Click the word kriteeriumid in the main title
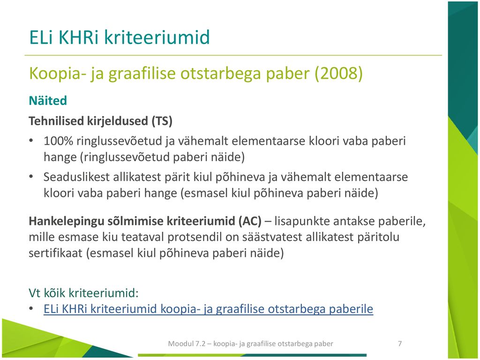(157, 37)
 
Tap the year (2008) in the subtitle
(339, 74)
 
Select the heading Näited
(48, 100)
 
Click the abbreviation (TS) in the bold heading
(162, 121)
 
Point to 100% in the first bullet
(58, 141)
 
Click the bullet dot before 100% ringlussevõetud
(31, 141)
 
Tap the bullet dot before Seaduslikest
(31, 177)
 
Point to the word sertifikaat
(55, 254)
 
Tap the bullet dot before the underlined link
(31, 308)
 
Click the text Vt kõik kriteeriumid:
(83, 293)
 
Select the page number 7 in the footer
(400, 344)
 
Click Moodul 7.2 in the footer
(187, 344)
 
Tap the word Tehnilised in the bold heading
(56, 121)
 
